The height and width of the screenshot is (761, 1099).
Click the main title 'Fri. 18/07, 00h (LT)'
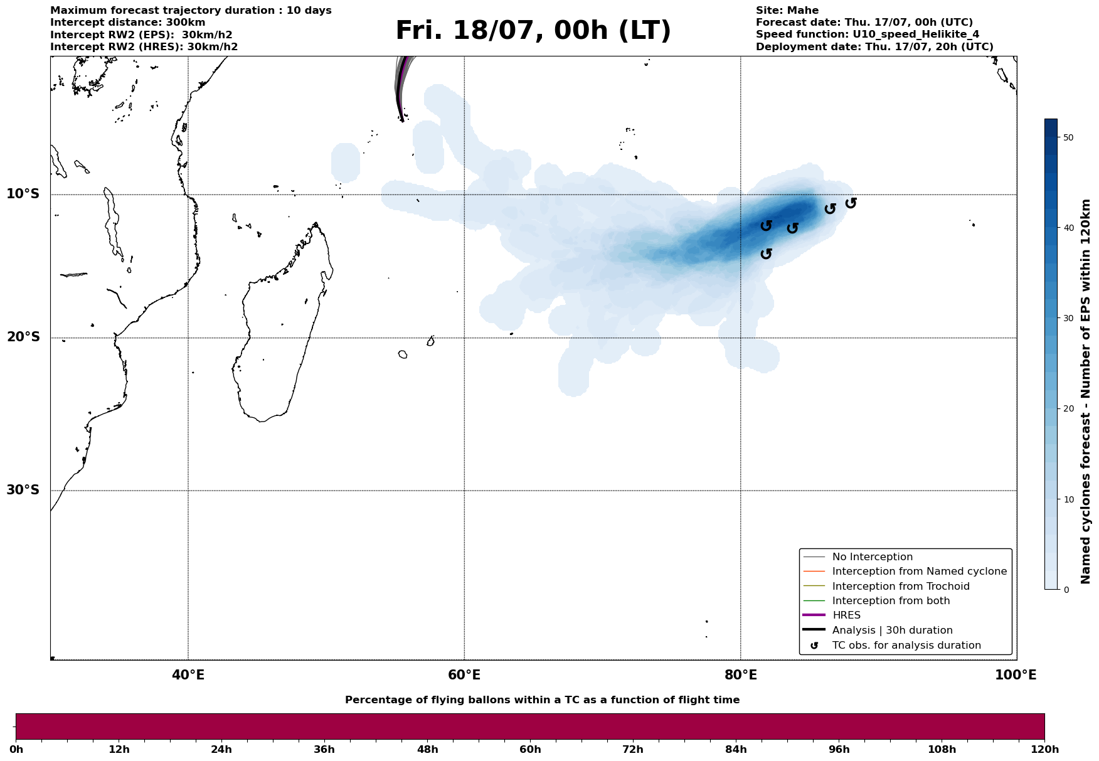[x=533, y=31]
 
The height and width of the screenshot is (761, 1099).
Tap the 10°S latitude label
[x=23, y=194]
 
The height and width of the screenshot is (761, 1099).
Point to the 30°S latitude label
[x=23, y=490]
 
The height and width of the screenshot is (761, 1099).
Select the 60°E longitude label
[x=464, y=676]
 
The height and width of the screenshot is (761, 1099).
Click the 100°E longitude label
[x=1016, y=676]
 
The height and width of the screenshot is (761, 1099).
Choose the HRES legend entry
[x=846, y=615]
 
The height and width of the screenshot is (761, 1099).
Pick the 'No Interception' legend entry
[x=872, y=557]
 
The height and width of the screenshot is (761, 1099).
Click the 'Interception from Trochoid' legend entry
[x=900, y=587]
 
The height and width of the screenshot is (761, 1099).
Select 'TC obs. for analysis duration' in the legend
[x=906, y=646]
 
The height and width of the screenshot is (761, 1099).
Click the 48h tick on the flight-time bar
[x=427, y=749]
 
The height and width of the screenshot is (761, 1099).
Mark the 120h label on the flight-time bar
[x=1044, y=749]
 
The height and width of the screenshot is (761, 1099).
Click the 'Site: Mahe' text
[x=787, y=11]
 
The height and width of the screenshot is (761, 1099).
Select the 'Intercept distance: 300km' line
[x=127, y=23]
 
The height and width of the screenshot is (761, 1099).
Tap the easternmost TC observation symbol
[x=851, y=203]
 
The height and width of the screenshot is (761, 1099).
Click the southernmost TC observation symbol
[x=766, y=253]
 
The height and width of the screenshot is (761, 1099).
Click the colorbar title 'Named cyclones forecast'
[x=1086, y=391]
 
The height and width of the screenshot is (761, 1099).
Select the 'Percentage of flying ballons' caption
[x=542, y=700]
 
